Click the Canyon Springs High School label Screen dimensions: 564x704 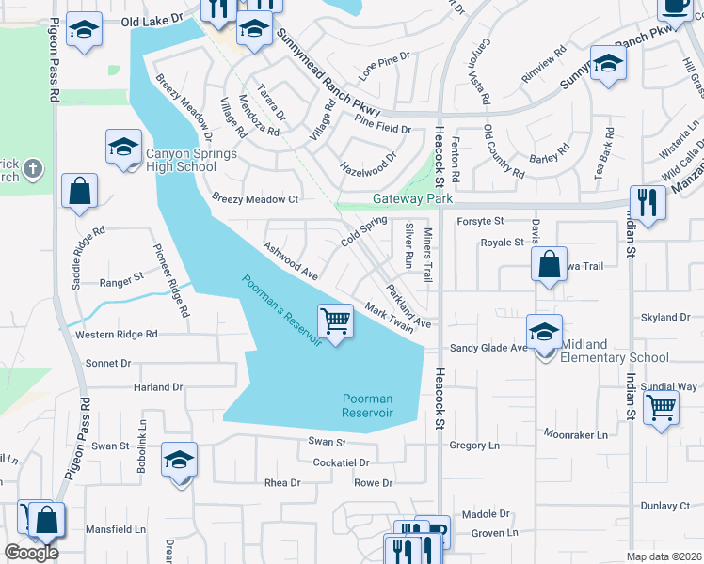[x=181, y=160]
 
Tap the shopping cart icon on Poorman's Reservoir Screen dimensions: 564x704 [x=336, y=321]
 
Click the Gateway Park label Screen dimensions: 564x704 [x=413, y=199]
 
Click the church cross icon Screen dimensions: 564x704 [x=33, y=169]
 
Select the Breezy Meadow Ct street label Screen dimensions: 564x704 [x=255, y=199]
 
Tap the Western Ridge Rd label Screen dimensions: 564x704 [x=117, y=335]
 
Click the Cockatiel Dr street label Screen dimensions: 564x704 [x=341, y=462]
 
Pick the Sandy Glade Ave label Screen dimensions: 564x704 [x=488, y=348]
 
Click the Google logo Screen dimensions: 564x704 [x=31, y=552]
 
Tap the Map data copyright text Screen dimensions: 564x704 [x=664, y=556]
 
